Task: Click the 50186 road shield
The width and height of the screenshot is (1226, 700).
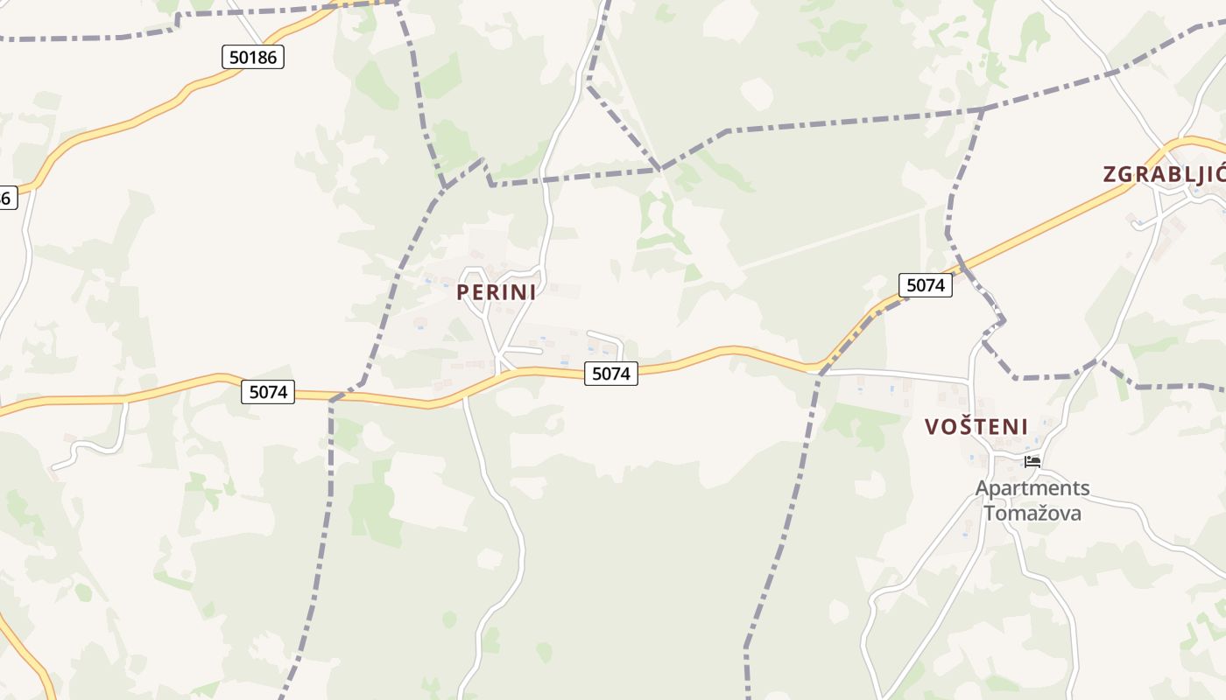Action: click(252, 58)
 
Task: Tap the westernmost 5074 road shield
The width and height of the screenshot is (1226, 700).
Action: click(268, 392)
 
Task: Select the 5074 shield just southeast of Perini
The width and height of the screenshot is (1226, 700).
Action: click(610, 374)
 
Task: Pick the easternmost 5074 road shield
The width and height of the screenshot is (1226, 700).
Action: click(926, 285)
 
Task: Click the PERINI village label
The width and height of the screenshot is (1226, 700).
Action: click(496, 293)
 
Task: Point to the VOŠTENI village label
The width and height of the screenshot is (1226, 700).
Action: click(976, 427)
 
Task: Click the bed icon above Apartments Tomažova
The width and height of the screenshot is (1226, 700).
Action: click(1032, 461)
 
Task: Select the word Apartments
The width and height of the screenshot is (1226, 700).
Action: click(1032, 488)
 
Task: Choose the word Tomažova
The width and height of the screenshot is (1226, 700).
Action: click(1032, 513)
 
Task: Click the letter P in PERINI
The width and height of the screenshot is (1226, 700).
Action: click(463, 293)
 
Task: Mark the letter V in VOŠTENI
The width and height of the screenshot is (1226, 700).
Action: click(933, 427)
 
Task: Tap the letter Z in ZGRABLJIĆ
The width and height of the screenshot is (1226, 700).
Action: click(1110, 174)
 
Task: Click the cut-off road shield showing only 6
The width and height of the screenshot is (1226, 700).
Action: click(5, 198)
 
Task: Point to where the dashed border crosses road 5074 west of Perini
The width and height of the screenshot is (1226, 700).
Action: click(333, 399)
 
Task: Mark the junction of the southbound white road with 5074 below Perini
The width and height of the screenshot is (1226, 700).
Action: click(464, 395)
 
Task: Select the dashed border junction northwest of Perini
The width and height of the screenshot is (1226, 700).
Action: click(445, 186)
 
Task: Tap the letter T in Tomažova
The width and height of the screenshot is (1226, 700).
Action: click(990, 513)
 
